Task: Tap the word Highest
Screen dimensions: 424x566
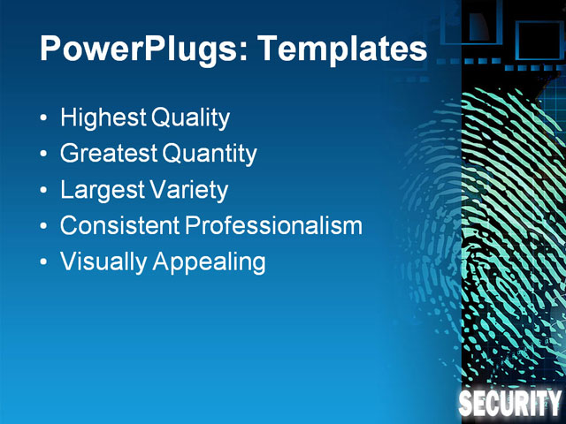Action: click(103, 117)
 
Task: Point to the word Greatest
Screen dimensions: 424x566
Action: click(108, 154)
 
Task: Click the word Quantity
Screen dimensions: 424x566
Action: click(210, 154)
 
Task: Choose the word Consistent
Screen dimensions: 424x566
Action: click(119, 226)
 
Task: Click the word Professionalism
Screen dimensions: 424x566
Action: click(274, 226)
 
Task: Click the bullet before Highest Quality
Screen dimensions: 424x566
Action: click(44, 118)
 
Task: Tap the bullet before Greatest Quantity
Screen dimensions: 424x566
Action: click(44, 155)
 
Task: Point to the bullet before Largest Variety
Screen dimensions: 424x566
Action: click(44, 191)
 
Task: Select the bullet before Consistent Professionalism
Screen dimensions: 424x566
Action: click(44, 227)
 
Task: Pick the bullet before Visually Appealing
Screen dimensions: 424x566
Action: click(44, 263)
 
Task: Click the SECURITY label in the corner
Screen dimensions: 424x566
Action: click(510, 405)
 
